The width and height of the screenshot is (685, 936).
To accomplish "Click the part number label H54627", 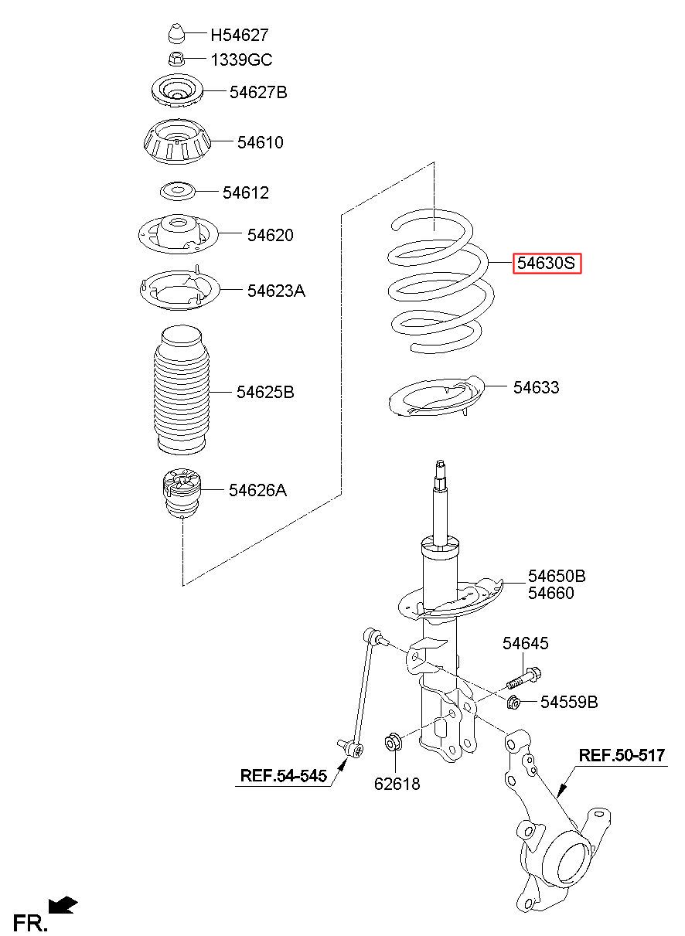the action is point(239,35).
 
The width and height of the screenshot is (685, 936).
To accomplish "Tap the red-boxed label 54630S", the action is point(547,263).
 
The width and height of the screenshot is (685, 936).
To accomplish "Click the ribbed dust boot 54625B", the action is point(181,390).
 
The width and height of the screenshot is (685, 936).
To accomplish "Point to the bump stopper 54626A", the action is point(181,492).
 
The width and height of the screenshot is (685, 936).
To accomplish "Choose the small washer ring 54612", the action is point(178,192).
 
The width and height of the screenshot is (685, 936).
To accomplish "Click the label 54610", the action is point(261,142).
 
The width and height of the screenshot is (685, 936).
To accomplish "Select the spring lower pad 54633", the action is point(436,397).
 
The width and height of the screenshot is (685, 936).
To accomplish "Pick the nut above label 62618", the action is point(393,742).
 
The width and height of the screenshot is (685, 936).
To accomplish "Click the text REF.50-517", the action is point(622,755).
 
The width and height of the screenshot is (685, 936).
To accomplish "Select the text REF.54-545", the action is point(283,775).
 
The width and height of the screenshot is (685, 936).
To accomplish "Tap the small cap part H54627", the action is point(176,33).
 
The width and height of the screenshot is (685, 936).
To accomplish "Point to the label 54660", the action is point(550,593).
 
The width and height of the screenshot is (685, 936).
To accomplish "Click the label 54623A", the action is point(276,291).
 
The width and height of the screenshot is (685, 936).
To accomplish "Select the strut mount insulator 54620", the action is point(178,234).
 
